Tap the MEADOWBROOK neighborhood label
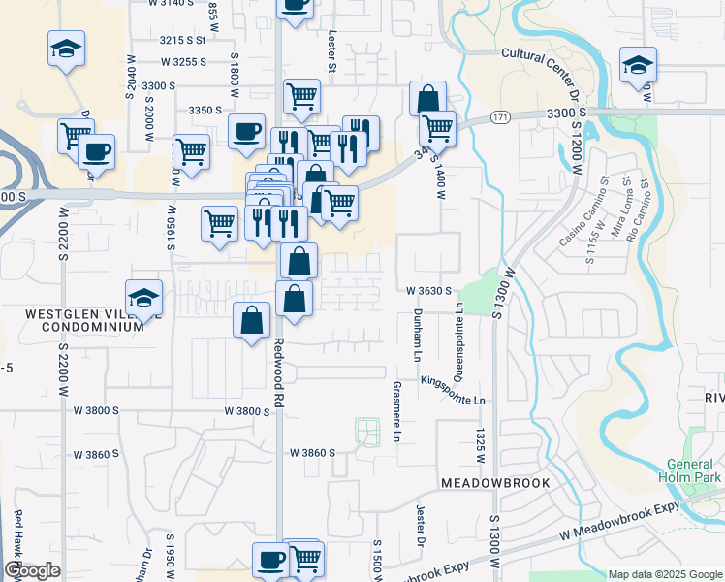[x=495, y=482]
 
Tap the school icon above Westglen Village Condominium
[x=143, y=298]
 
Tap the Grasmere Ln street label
[x=396, y=410]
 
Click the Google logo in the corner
[x=32, y=570]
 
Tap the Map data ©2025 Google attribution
[x=664, y=574]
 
